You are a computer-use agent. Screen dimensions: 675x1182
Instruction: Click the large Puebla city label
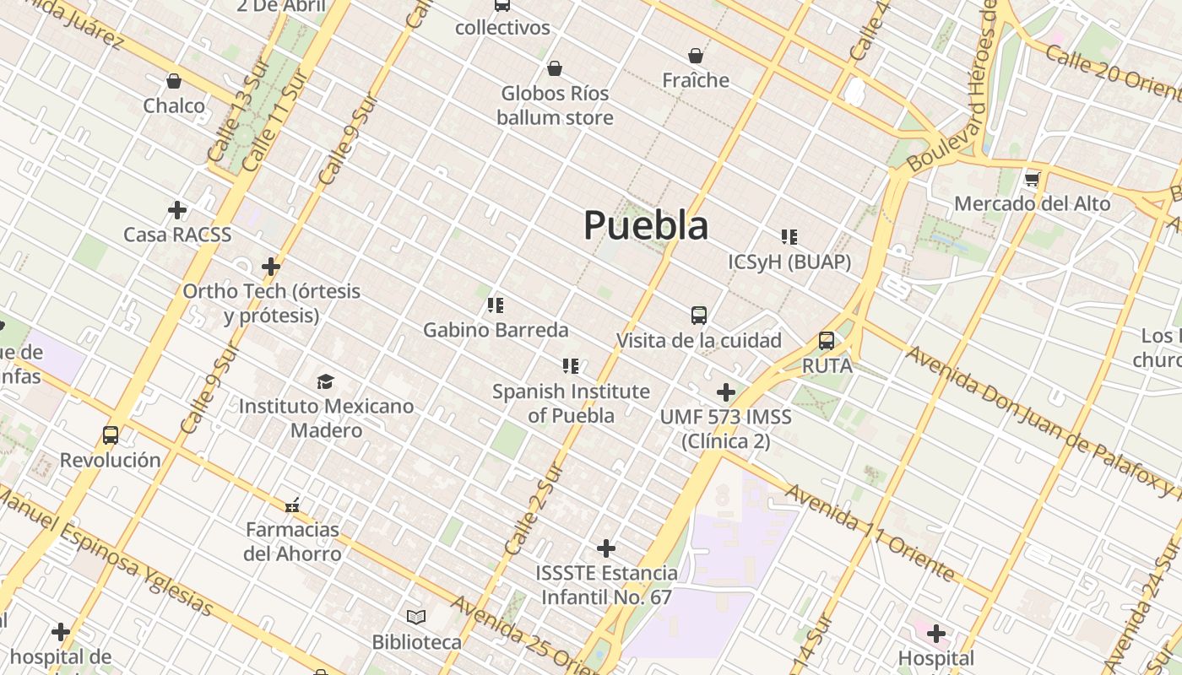(646, 225)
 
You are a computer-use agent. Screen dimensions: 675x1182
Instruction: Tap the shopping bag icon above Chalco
(174, 81)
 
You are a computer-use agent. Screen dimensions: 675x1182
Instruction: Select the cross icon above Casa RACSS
(177, 209)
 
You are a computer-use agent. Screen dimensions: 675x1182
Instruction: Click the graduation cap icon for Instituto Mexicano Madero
(326, 381)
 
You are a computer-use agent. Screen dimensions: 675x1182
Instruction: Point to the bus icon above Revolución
(111, 435)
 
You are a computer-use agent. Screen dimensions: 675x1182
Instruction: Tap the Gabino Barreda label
(496, 329)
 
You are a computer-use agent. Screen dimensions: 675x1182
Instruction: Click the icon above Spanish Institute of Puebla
(571, 366)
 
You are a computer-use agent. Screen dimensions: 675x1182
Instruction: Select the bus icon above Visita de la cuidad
(699, 316)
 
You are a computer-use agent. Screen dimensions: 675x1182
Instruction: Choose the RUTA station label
(827, 366)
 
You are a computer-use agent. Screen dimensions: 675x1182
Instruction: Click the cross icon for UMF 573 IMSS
(725, 392)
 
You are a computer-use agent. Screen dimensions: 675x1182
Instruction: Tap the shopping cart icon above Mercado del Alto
(1032, 179)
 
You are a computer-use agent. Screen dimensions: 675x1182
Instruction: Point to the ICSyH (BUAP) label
(789, 262)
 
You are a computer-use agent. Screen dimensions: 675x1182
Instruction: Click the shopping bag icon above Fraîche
(696, 56)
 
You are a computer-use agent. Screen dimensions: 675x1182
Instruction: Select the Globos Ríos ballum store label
(555, 105)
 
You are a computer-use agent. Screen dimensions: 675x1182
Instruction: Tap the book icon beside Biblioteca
(416, 616)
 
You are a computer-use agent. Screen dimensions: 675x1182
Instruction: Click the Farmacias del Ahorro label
(292, 542)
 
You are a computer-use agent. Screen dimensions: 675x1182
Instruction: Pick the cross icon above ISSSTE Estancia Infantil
(606, 548)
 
